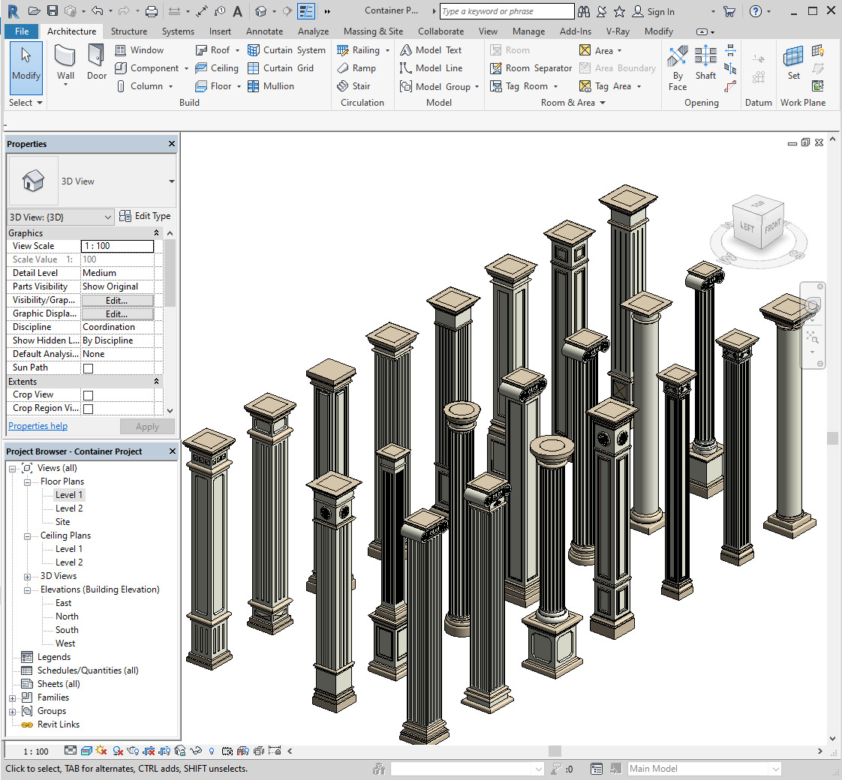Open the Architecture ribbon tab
point(71,31)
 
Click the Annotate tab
point(264,31)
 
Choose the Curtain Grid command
point(287,68)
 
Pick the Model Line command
point(432,68)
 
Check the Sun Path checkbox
point(88,368)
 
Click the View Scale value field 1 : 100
point(117,246)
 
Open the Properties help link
point(38,426)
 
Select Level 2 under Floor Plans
point(69,508)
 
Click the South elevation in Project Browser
point(67,630)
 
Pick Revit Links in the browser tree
point(58,724)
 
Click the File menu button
point(22,31)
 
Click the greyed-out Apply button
point(147,427)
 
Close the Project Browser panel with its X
point(172,451)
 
